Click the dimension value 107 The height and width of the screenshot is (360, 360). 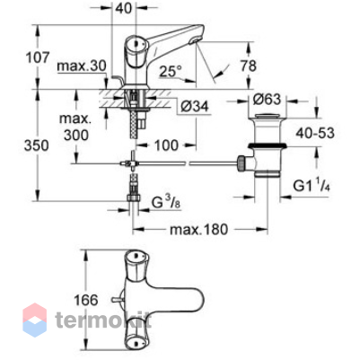38,57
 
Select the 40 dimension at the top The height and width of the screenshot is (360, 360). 123,8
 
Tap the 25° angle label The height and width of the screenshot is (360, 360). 171,71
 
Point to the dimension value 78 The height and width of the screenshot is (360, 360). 249,66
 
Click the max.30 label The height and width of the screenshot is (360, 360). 82,66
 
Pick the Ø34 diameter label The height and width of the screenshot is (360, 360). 195,106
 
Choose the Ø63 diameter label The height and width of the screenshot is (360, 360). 268,100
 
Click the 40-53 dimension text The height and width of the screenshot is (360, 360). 315,133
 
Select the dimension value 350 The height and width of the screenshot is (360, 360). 37,145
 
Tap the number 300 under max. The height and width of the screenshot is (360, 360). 76,136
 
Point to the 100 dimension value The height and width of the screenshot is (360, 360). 166,145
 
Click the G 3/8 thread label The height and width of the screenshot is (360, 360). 166,204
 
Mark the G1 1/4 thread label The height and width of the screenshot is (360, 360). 312,186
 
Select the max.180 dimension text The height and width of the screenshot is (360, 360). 198,230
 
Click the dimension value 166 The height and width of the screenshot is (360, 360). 86,300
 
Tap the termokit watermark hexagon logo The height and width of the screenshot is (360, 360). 35,320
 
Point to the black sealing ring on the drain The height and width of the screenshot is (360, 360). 268,146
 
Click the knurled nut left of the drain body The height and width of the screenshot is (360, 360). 241,163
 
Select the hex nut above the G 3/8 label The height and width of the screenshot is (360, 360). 134,198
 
